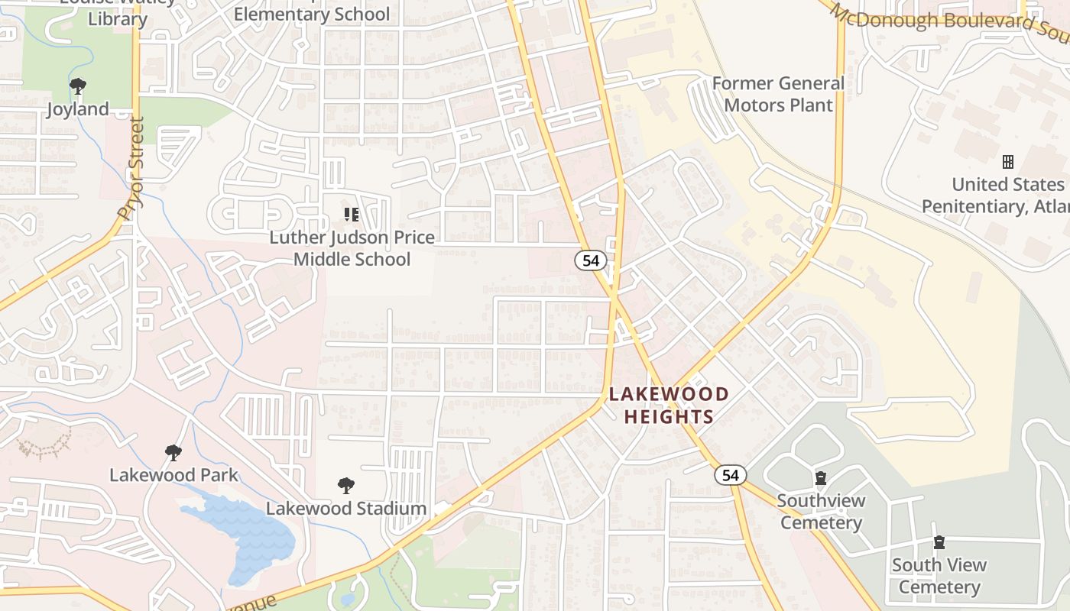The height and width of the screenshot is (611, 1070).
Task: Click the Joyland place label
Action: [78, 109]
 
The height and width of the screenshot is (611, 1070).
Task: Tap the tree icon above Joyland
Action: [77, 86]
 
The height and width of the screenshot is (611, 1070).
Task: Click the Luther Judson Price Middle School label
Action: [352, 248]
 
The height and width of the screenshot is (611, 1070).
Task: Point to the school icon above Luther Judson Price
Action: [351, 215]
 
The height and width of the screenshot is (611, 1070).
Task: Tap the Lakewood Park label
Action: [173, 475]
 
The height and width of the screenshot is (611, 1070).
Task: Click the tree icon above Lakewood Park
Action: [173, 453]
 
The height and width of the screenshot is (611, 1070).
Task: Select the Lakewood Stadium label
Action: [345, 508]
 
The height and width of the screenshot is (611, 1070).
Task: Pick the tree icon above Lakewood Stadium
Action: [346, 486]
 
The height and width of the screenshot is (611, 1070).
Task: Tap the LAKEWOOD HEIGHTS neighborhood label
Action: [669, 406]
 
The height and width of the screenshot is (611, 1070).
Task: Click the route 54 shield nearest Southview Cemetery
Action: [731, 475]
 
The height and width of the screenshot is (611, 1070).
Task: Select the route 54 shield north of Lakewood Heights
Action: [591, 260]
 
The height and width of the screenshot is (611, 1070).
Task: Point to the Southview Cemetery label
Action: [821, 512]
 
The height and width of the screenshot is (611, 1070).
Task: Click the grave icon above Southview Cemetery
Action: [821, 479]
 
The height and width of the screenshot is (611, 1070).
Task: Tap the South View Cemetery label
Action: [939, 576]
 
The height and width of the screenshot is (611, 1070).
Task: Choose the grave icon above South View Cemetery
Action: [939, 542]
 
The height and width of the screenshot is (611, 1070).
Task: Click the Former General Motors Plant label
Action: [778, 94]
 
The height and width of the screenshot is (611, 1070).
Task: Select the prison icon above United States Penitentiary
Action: [1008, 162]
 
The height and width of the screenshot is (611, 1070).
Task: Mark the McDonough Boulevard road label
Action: [948, 21]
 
